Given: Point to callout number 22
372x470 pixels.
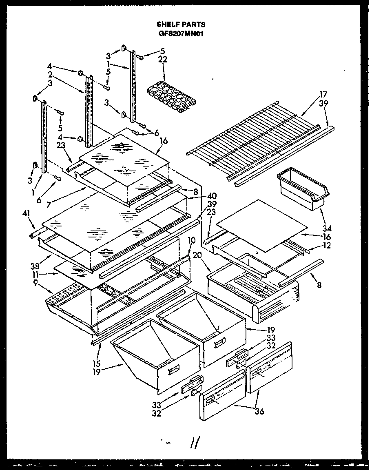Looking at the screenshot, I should [163, 59].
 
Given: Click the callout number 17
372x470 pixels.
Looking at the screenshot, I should [324, 95].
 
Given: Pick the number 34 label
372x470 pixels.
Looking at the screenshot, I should [326, 228].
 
